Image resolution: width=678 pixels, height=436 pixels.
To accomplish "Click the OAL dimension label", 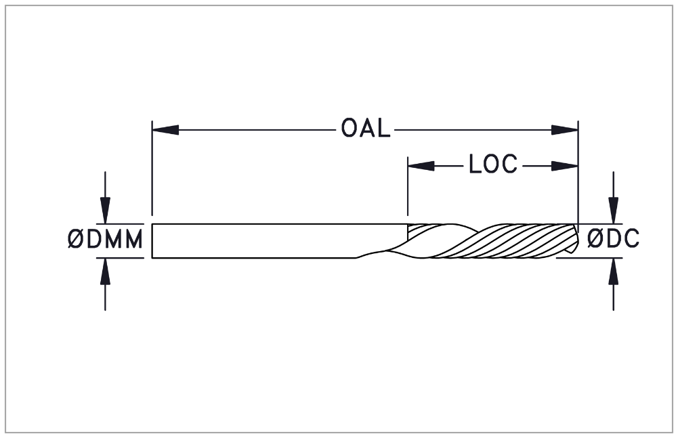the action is [365, 129].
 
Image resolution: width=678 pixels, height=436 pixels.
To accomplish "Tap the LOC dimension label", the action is [493, 165].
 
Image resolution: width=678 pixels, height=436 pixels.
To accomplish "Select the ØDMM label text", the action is [105, 240].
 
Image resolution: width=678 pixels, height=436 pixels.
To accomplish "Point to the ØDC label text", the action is [613, 238].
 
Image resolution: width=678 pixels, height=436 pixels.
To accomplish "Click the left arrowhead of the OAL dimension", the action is [165, 129].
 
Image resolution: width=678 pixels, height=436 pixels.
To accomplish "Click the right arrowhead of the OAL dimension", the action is [565, 129].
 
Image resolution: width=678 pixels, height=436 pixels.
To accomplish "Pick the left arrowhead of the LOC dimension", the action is [421, 166].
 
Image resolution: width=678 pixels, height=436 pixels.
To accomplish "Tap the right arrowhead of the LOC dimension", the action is [565, 166].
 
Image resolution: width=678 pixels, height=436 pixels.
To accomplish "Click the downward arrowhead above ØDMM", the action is [105, 211].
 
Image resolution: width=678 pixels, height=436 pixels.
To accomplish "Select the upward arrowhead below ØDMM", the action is [105, 271].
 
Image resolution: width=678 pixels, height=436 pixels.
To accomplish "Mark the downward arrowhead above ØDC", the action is [613, 211].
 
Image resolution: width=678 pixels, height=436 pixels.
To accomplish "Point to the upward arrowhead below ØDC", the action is [613, 271].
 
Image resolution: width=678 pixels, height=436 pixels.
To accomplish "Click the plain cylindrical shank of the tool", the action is [259, 241].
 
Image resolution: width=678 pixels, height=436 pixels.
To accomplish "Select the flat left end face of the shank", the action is [152, 241].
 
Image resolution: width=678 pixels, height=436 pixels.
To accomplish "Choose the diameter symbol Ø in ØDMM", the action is [76, 240].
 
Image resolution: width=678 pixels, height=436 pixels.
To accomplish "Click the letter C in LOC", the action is [509, 165].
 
